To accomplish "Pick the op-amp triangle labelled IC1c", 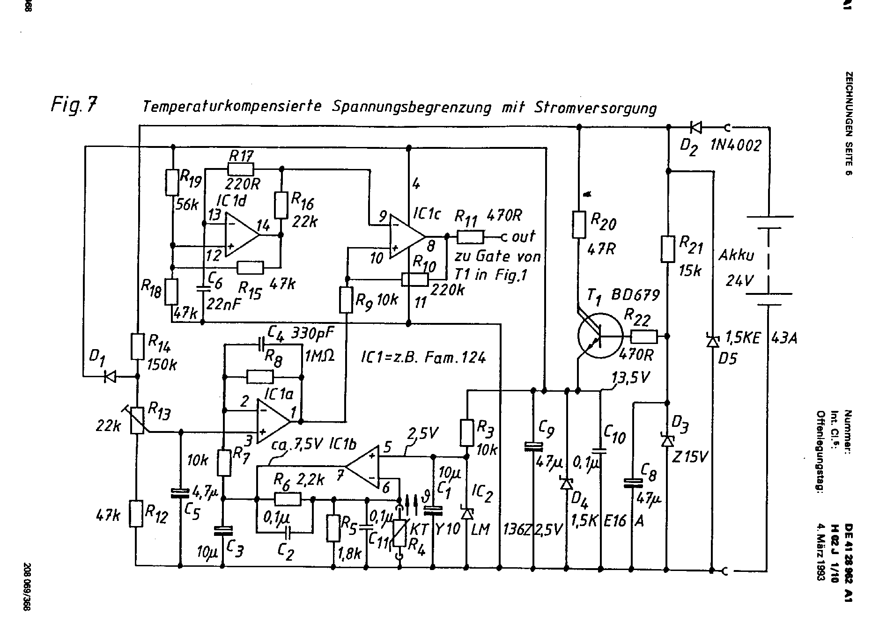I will (406, 237).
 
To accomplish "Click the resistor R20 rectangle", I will (579, 225).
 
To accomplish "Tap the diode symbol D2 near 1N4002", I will (695, 127).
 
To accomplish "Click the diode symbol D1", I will (110, 376).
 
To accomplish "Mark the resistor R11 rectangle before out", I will (470, 237).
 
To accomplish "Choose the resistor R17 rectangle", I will (241, 169).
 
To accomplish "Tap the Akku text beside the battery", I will (736, 256).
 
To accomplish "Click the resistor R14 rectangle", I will (137, 346).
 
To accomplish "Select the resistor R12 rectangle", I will (136, 514).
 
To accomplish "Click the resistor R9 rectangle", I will (346, 300).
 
